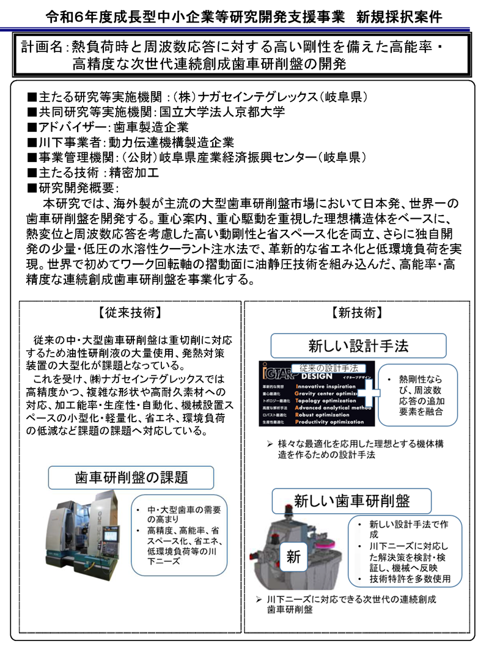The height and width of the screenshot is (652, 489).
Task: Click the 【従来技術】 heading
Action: [x=130, y=313]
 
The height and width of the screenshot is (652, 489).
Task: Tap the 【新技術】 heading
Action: [x=358, y=313]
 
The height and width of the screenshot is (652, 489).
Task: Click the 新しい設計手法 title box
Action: [x=358, y=346]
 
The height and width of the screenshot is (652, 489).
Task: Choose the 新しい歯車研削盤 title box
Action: [x=351, y=501]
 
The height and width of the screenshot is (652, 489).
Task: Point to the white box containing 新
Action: [x=294, y=557]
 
